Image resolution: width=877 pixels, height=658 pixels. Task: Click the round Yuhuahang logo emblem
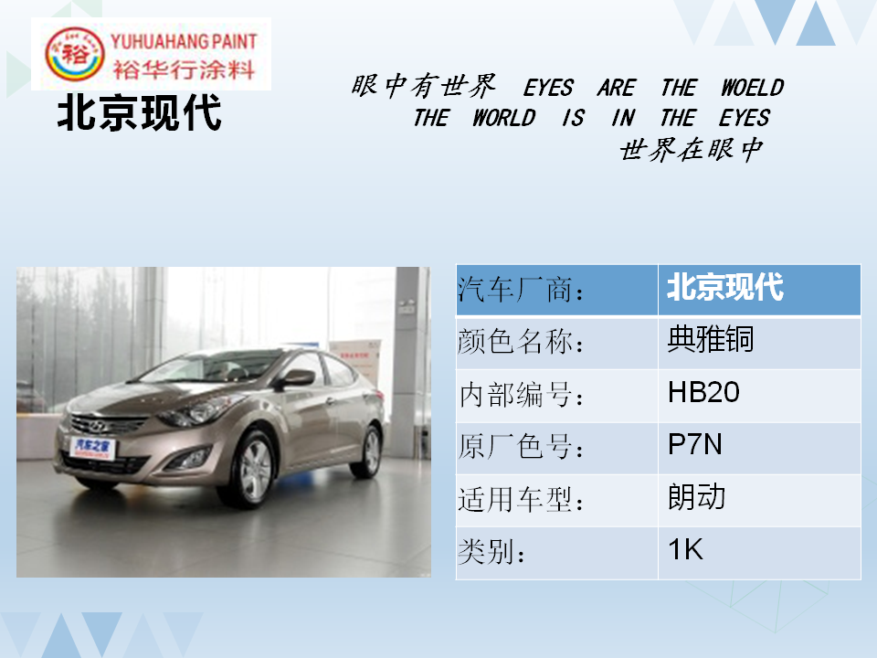[x=74, y=54]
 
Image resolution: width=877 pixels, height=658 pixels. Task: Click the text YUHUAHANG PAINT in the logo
[x=184, y=41]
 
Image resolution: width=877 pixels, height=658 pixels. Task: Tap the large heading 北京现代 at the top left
[x=139, y=113]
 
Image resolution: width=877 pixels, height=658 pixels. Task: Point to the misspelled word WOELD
[x=752, y=88]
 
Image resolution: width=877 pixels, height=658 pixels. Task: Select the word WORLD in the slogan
[x=504, y=118]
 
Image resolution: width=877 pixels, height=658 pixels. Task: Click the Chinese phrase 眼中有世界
[x=423, y=86]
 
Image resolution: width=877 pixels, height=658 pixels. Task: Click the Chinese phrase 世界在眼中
[x=692, y=149]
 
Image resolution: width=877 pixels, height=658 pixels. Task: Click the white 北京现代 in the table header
[x=724, y=288]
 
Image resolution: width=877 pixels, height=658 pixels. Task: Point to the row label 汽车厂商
[x=521, y=290]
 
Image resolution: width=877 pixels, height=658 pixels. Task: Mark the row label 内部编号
[x=521, y=395]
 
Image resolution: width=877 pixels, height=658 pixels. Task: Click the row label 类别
[x=491, y=552]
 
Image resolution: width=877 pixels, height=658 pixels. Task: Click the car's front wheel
[x=253, y=470]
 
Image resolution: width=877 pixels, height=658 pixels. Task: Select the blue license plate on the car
[x=93, y=448]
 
